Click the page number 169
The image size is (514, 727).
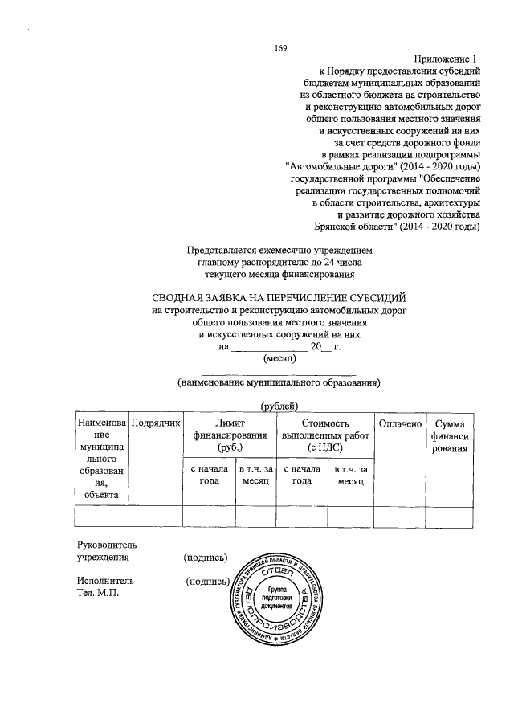click(280, 48)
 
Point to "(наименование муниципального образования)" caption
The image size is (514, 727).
click(279, 383)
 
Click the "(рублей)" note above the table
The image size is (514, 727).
click(279, 406)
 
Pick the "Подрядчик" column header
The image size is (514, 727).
click(156, 423)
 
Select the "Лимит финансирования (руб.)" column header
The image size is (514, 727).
click(229, 434)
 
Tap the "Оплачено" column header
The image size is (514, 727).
click(398, 423)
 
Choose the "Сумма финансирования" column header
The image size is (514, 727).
click(449, 435)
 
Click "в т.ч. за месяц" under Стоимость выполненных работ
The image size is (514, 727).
click(349, 474)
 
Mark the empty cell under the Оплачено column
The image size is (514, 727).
click(398, 516)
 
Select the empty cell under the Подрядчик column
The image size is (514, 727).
click(156, 516)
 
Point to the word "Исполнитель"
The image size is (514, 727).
click(105, 580)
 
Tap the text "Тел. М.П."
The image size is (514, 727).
click(97, 592)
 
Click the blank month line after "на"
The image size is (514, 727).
click(269, 346)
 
